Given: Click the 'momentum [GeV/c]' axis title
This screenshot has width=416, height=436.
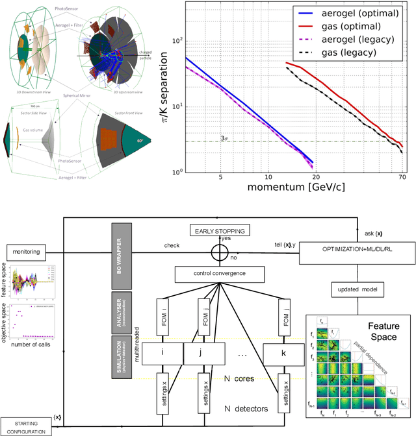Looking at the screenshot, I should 296,188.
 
